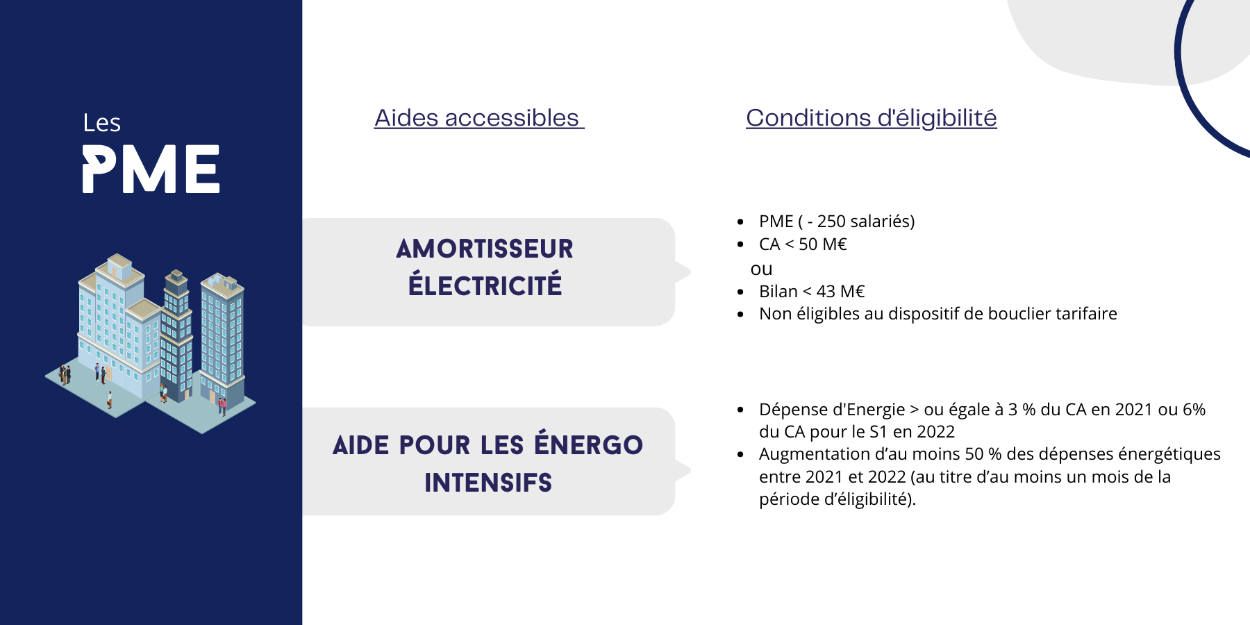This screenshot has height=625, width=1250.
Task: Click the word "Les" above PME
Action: (101, 123)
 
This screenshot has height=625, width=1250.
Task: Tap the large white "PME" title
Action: (151, 169)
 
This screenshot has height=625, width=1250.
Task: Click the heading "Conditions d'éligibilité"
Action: (872, 118)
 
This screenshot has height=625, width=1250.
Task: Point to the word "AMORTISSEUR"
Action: (485, 249)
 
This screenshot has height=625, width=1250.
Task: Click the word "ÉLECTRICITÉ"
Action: (485, 285)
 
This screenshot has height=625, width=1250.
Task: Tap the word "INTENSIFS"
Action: (488, 483)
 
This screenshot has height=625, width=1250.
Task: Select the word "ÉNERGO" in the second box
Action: (589, 444)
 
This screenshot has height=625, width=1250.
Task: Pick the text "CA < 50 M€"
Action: (803, 244)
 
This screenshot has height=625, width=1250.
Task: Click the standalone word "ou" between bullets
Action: (761, 269)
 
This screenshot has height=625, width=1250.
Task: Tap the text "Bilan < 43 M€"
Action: (812, 292)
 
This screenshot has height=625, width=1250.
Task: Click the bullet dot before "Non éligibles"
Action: (741, 315)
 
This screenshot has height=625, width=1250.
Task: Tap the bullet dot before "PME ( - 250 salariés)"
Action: (741, 222)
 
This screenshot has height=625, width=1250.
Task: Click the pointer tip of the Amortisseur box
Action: (691, 272)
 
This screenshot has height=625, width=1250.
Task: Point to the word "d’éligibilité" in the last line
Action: (870, 499)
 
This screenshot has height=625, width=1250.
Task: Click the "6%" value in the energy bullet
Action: (1194, 410)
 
